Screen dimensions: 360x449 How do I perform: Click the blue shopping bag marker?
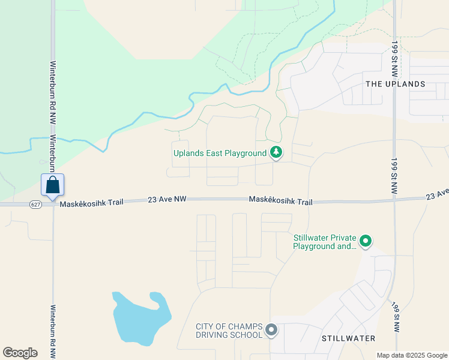[52, 185]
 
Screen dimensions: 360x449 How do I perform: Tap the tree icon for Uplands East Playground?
[276, 153]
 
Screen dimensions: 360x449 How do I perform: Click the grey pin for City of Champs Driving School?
[272, 330]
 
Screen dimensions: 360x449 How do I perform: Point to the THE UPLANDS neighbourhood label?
[395, 85]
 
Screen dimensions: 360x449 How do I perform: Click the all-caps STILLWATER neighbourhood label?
[348, 338]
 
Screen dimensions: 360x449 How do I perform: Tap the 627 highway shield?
[36, 205]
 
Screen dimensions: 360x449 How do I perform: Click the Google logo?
[20, 353]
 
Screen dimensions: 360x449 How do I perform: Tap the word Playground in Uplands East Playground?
[246, 153]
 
